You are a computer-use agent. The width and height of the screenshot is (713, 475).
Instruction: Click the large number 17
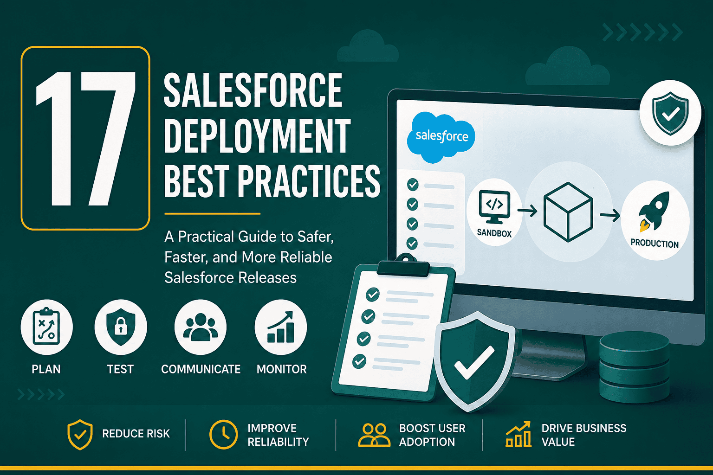point(86,139)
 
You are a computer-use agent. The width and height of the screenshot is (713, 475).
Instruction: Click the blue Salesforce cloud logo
point(441,137)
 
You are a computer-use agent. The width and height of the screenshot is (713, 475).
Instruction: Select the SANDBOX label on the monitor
point(494,233)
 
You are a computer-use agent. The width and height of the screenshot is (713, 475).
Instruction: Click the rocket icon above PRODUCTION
point(654,212)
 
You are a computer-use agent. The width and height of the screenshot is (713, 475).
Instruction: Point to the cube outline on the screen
point(568,212)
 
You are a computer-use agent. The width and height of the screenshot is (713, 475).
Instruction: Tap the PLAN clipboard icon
point(46,327)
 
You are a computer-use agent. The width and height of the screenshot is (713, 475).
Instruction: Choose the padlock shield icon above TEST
point(121,327)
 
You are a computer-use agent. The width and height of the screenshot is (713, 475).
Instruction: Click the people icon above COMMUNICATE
point(201,327)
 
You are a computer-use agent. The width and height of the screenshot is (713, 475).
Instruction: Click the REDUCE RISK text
point(136,434)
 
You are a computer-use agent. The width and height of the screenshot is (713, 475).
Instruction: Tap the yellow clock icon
point(223,434)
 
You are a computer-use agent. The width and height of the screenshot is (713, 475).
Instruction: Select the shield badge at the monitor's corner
point(670,113)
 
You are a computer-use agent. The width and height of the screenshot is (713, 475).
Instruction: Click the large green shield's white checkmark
point(474,363)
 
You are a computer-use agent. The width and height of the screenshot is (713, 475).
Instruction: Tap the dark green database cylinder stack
point(635,367)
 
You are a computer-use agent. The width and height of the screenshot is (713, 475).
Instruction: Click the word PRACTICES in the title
point(309,181)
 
